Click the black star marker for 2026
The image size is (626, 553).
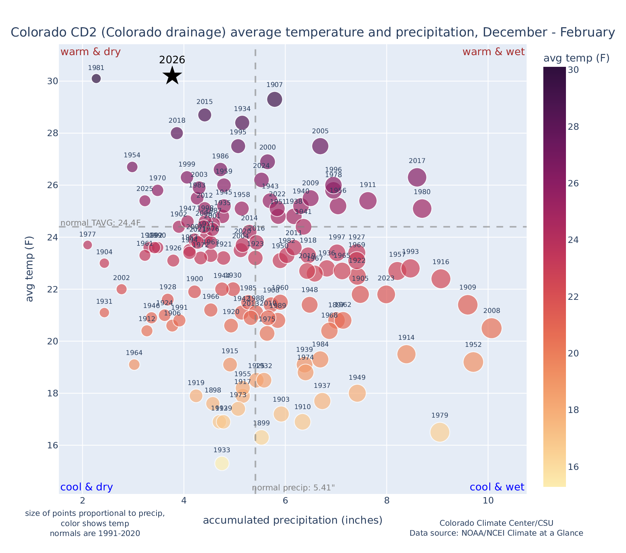point(172,75)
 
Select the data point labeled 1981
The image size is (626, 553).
point(96,78)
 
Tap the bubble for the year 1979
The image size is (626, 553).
point(439,432)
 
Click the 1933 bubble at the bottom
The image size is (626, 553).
point(222,463)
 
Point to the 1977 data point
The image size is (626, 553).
point(88,245)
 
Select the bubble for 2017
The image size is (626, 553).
point(417,177)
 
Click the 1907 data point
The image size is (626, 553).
point(274,99)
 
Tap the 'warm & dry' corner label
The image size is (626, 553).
point(90,52)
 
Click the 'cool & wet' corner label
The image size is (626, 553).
point(497,487)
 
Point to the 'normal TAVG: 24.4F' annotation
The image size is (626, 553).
point(101,223)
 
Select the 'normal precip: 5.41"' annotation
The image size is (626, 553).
point(293,488)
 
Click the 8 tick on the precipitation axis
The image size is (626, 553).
point(387,501)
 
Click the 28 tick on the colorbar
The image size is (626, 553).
point(573,127)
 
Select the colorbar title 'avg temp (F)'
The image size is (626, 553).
point(576,58)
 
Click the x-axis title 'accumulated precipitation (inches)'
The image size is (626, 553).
point(293,520)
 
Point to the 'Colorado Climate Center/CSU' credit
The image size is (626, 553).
point(496,523)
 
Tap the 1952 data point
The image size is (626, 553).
point(473,362)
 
